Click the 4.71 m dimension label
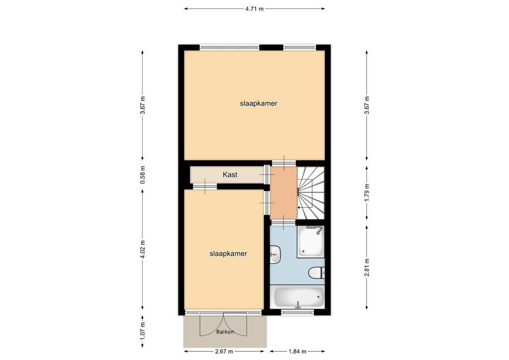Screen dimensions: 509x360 click(x=254, y=9)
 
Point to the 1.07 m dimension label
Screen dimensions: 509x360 click(x=143, y=331)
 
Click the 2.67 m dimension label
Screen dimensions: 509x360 click(x=224, y=351)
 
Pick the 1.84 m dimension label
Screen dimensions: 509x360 click(x=297, y=351)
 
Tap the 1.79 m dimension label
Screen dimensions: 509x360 click(x=367, y=193)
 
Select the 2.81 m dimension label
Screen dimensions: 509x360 click(x=367, y=268)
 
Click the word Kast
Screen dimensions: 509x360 click(x=230, y=175)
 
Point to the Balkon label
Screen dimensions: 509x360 click(x=225, y=332)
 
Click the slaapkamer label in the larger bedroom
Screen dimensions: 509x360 click(x=258, y=103)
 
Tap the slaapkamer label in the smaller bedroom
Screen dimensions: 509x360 click(x=228, y=254)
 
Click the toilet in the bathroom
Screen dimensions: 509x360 click(x=316, y=272)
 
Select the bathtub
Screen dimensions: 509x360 click(x=298, y=297)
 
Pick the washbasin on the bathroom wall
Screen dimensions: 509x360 click(x=274, y=254)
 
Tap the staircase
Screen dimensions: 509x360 click(x=311, y=193)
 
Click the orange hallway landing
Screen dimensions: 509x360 click(x=284, y=193)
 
